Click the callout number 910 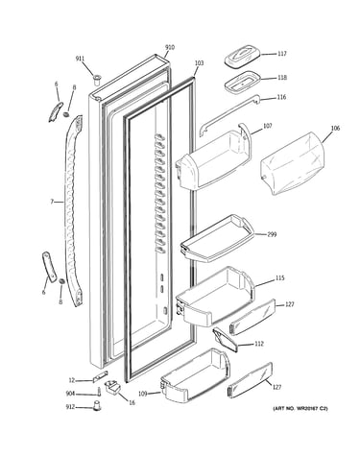click(x=170, y=47)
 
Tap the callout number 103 click(x=199, y=63)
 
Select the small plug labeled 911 click(x=97, y=79)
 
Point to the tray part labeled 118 click(x=242, y=83)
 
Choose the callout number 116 click(x=281, y=97)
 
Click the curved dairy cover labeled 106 click(x=293, y=163)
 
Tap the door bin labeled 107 click(x=213, y=156)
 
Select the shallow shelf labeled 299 click(x=217, y=238)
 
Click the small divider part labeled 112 click(x=226, y=340)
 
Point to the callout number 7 click(x=52, y=202)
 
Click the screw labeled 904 click(x=99, y=392)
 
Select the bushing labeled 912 click(x=97, y=405)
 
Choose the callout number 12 click(x=72, y=380)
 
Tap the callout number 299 click(x=272, y=234)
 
